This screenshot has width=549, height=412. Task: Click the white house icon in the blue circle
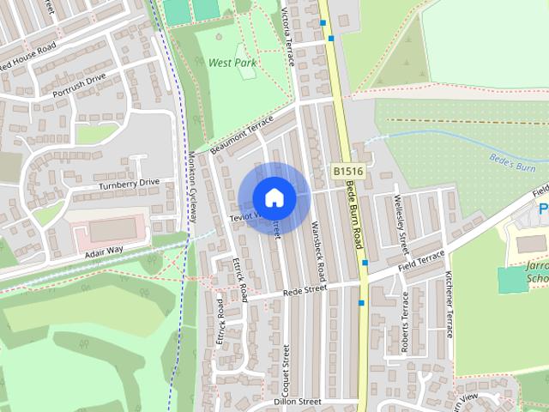click(274, 197)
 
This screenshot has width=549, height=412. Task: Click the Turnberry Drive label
click(129, 183)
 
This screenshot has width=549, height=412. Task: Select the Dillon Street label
click(297, 401)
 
